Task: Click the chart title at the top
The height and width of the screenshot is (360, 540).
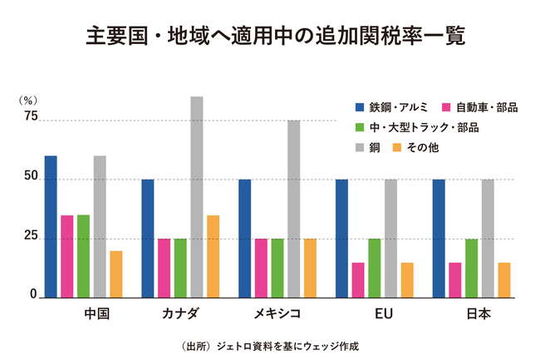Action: coord(269,37)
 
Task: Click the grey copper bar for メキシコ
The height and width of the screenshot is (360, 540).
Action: coord(293,208)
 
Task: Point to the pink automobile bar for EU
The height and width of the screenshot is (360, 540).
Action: coord(358,279)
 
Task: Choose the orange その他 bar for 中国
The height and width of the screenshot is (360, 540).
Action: coord(115,274)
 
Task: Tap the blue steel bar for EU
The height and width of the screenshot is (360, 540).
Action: coord(341,238)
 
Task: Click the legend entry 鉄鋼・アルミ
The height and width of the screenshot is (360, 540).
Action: coord(390,107)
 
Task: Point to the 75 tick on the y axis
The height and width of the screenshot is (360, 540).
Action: coord(31,117)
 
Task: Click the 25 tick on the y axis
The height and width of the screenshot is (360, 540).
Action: coord(31,237)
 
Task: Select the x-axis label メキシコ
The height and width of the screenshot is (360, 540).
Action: coord(277,314)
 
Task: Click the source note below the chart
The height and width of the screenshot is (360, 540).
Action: coord(269,344)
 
